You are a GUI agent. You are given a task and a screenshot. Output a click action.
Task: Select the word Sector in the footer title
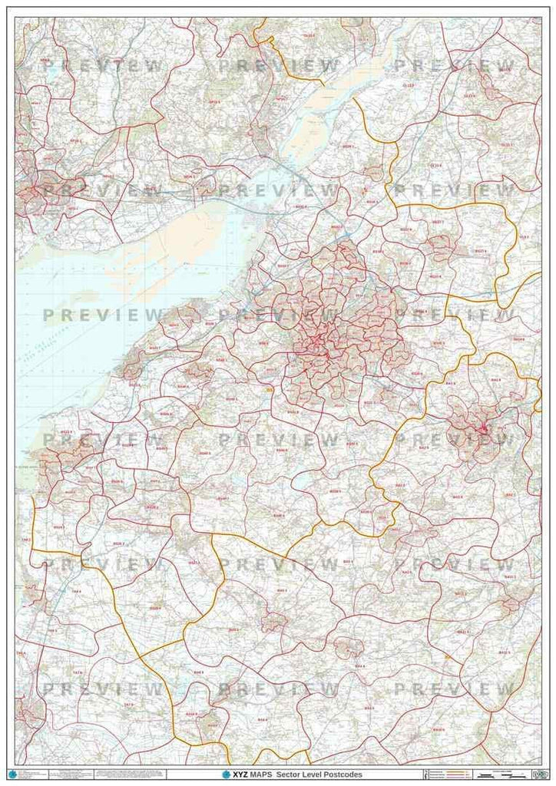[x=300, y=775]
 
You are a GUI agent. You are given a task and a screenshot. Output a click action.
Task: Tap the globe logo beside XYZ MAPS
[x=227, y=775]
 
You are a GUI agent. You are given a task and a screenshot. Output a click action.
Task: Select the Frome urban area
[x=511, y=603]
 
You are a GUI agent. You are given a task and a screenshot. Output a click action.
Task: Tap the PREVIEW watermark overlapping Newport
[x=100, y=190]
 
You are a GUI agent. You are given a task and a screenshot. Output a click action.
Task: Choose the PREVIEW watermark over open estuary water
[x=100, y=315]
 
